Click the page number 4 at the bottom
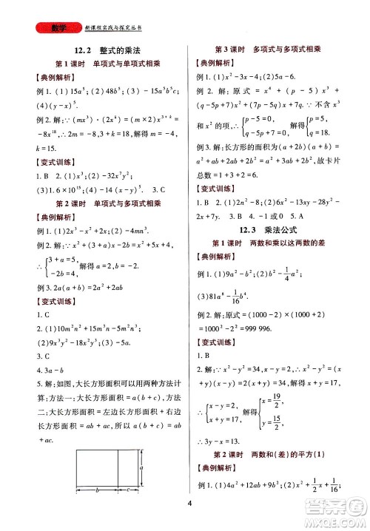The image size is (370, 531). [189, 504]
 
